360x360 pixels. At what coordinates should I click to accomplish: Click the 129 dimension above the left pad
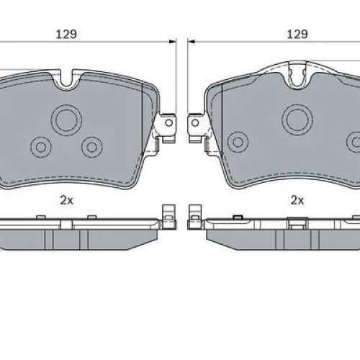pos(66,34)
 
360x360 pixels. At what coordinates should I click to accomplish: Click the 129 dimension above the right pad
pos(297,34)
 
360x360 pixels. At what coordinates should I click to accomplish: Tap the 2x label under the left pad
pos(66,200)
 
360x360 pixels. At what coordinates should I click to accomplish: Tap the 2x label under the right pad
pos(297,200)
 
